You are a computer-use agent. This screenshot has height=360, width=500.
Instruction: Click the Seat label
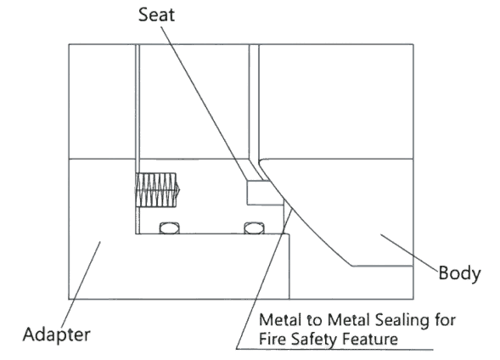click(x=156, y=14)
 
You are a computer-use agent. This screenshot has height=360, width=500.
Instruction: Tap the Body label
click(x=459, y=273)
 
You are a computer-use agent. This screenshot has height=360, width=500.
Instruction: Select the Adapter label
click(x=57, y=335)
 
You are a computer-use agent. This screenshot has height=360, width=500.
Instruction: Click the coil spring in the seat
click(x=157, y=190)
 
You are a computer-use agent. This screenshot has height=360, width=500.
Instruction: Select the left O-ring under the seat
click(x=169, y=228)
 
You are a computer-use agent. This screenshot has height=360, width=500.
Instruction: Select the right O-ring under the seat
click(x=254, y=228)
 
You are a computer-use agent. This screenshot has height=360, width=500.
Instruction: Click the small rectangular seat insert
click(x=266, y=193)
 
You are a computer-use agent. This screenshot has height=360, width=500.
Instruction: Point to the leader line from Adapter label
click(x=81, y=284)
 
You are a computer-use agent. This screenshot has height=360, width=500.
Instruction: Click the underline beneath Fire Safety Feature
click(x=334, y=349)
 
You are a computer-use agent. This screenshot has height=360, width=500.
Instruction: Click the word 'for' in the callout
click(x=445, y=320)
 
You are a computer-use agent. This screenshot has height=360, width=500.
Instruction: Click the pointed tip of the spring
click(x=179, y=190)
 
